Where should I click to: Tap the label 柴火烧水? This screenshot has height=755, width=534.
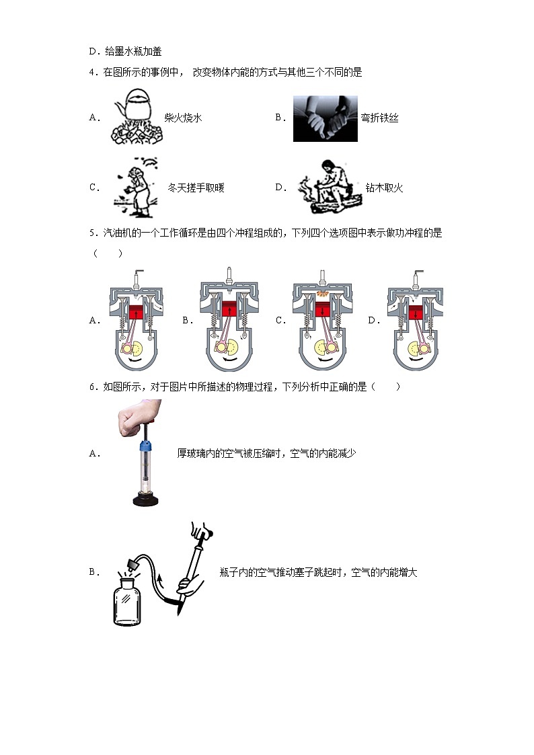coord(183,118)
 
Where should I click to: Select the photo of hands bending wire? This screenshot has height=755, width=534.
coord(325,118)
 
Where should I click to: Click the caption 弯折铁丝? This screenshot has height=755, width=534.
coord(379,118)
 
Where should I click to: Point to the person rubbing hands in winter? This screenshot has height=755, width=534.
coord(138,188)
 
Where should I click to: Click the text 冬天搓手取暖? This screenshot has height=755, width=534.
coord(196,188)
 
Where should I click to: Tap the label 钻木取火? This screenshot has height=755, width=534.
coord(383,188)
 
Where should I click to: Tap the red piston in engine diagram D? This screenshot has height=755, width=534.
coord(415,313)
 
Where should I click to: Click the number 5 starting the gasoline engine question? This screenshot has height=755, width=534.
coord(91,233)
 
